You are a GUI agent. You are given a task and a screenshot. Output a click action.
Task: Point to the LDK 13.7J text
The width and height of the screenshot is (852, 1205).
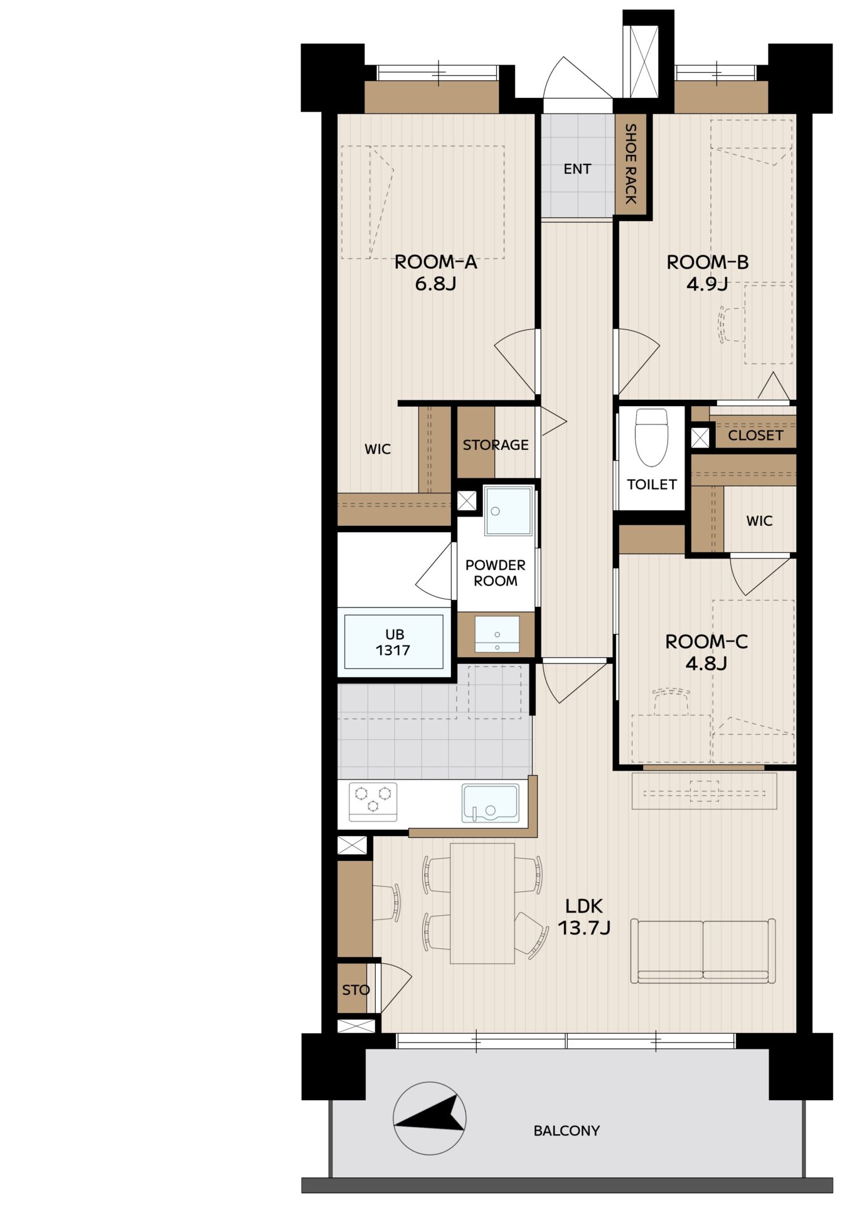(x=584, y=916)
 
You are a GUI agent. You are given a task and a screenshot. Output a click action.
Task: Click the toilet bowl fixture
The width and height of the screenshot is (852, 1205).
(x=651, y=437)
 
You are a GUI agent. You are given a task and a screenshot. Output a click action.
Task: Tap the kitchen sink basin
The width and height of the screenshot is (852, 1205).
(x=490, y=803)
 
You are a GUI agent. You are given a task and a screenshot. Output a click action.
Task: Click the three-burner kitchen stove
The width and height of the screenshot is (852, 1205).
(x=373, y=801)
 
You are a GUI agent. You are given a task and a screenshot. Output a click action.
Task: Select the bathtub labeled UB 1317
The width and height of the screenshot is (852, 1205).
(x=394, y=642)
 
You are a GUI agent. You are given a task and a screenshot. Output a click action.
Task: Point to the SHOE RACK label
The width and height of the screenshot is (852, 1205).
(x=631, y=164)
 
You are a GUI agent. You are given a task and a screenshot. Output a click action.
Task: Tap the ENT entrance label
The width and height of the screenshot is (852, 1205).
(x=577, y=169)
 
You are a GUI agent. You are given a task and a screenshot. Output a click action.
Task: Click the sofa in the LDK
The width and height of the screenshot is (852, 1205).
(x=703, y=951)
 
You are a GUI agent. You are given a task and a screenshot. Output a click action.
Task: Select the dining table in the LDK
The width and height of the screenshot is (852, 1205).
(x=482, y=903)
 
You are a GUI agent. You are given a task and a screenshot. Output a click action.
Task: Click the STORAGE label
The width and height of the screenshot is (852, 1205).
(x=496, y=445)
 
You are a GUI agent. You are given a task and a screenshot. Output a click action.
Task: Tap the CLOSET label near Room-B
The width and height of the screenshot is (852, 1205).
(x=755, y=435)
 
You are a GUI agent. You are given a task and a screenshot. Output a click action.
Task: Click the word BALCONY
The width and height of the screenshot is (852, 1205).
(x=567, y=1130)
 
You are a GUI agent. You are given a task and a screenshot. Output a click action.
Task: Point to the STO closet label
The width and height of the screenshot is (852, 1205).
(x=356, y=990)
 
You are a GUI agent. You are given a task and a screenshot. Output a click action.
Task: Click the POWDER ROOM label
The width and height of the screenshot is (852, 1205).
(x=496, y=572)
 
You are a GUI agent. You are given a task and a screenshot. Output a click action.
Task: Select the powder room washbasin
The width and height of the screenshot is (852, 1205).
(x=497, y=635)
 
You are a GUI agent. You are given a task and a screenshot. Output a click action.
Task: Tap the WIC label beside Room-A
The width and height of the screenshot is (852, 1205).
(x=378, y=449)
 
